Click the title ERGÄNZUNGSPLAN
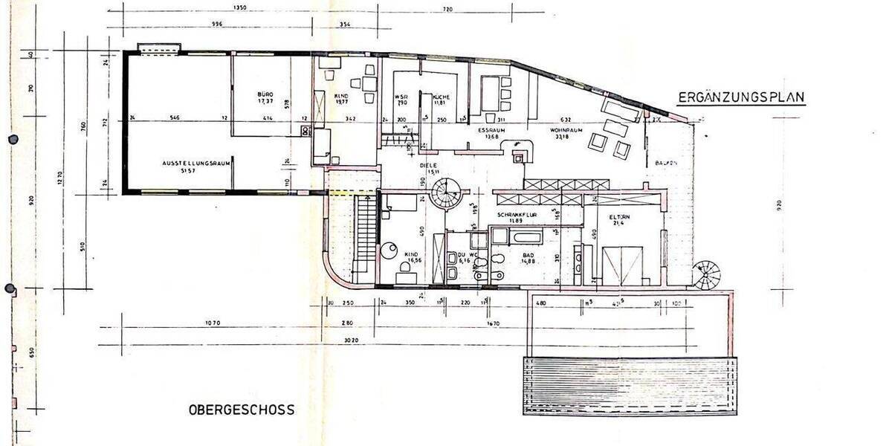coord(741,97)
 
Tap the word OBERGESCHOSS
coord(242,410)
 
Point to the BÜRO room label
coord(266,95)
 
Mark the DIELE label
coord(427,165)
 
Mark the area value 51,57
coord(199,172)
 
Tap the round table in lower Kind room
coord(390,251)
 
